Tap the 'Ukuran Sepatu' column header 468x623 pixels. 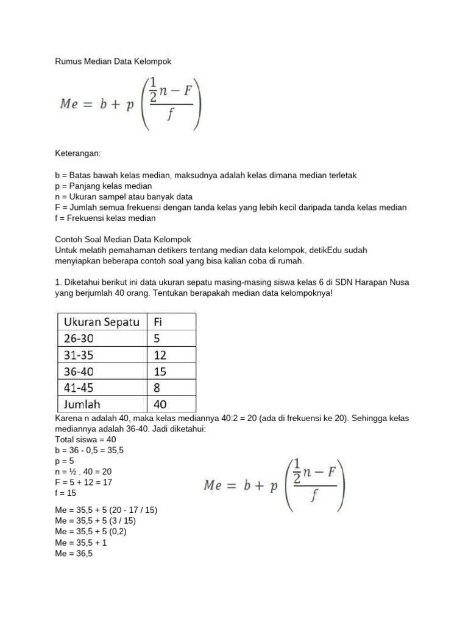click(101, 322)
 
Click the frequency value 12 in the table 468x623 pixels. click(160, 355)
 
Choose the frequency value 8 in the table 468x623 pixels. click(157, 388)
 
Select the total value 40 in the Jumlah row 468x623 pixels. click(160, 404)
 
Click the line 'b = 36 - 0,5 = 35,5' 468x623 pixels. click(93, 450)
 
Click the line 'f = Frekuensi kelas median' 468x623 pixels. click(105, 218)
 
